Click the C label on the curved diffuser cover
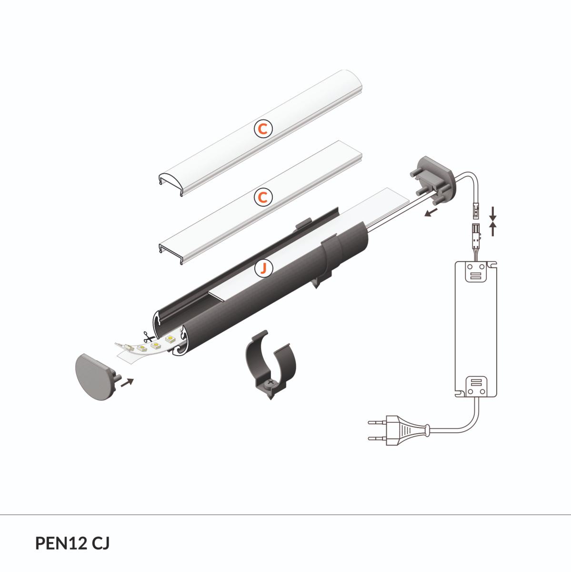(263, 129)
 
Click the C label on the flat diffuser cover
(263, 197)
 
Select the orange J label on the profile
(263, 268)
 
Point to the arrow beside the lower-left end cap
(128, 382)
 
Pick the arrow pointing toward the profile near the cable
(431, 212)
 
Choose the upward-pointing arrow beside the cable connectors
(493, 229)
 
